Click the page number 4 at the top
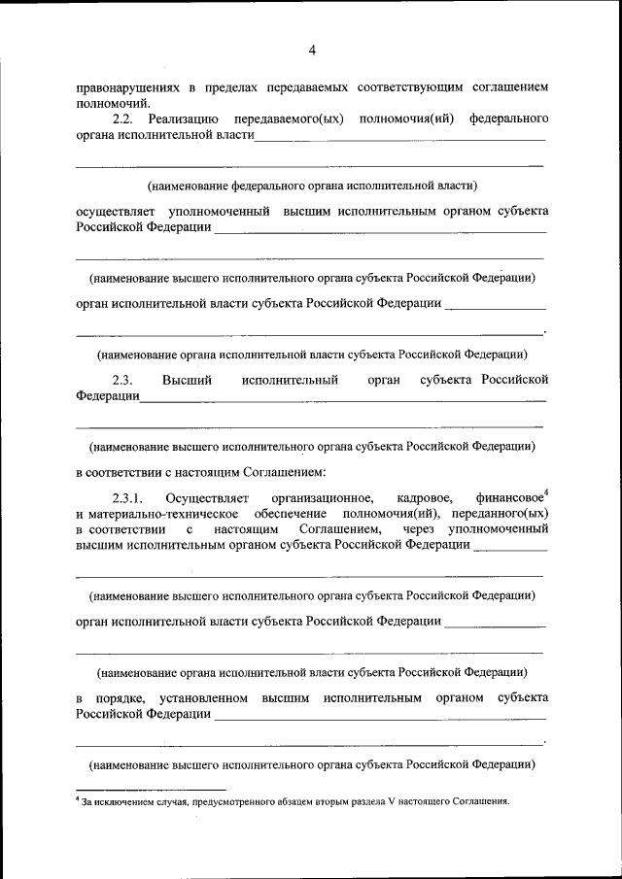312,51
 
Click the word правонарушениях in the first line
126,86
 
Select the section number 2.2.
122,118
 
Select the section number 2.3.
122,379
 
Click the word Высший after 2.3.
183,379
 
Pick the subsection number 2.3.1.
128,498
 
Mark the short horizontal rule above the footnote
151,790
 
